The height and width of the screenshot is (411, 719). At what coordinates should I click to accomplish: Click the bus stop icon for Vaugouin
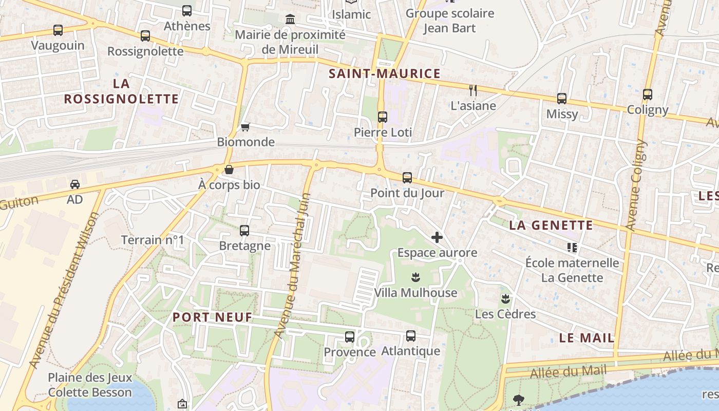tap(58, 30)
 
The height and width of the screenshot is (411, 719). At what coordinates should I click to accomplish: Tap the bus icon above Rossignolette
tap(145, 36)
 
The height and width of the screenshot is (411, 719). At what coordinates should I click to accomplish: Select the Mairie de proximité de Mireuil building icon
tap(290, 20)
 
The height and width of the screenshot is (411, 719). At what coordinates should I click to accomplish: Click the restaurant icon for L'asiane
tap(473, 90)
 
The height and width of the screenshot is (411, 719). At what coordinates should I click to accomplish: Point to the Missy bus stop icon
tap(562, 99)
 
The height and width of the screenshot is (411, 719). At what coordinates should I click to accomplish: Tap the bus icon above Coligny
tap(648, 95)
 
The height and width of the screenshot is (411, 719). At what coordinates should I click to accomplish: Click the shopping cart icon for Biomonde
tap(245, 127)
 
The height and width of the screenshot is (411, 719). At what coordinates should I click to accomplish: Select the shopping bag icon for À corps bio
tap(229, 170)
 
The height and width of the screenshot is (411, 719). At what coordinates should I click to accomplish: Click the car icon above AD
tap(75, 184)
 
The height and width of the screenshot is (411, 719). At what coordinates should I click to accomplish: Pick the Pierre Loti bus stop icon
tap(383, 117)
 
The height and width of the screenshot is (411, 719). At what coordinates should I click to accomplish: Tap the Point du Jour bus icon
tap(407, 178)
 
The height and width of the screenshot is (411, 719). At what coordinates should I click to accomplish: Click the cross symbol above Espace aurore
tap(437, 237)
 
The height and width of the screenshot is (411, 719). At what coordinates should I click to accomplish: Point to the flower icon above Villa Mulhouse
tap(415, 277)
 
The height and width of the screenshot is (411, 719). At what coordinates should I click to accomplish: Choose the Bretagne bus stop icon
tap(244, 231)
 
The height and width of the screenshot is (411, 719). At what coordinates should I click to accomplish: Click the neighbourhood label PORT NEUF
tap(213, 317)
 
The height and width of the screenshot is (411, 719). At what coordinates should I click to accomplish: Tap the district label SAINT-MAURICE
tap(385, 73)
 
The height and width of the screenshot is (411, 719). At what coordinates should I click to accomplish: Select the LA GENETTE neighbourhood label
tap(551, 225)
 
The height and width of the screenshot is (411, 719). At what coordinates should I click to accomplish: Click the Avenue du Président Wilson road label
tap(65, 290)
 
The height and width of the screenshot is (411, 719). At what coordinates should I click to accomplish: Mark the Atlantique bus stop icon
tap(411, 336)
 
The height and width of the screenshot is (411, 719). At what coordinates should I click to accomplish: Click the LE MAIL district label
tap(586, 338)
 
